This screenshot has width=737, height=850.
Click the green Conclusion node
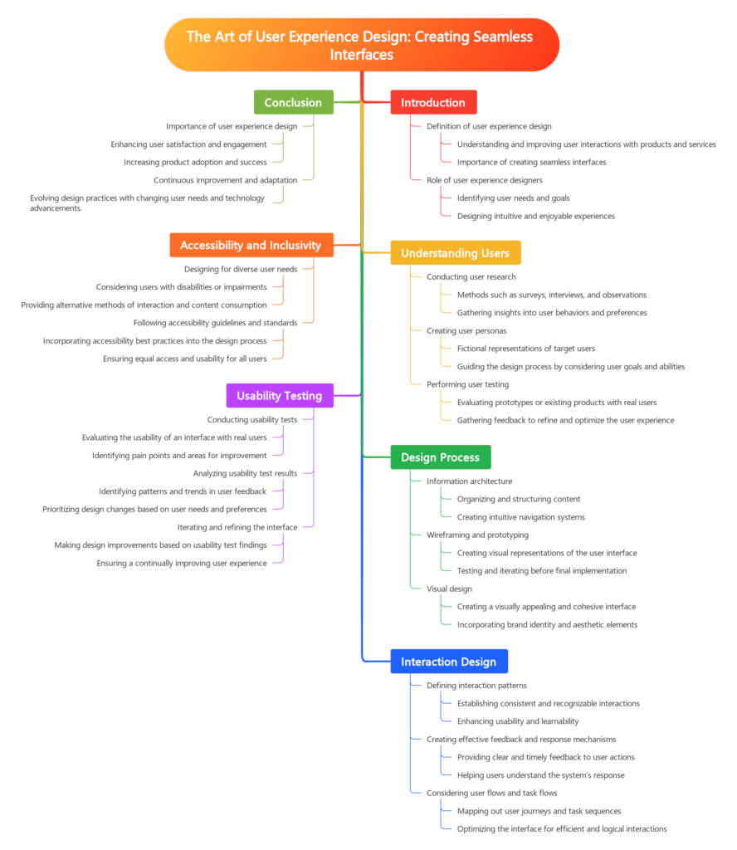pyautogui.click(x=293, y=102)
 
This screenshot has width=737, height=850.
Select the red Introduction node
pyautogui.click(x=432, y=102)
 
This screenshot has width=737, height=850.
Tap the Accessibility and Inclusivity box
pyautogui.click(x=251, y=245)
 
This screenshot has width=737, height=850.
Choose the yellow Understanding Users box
pyautogui.click(x=455, y=252)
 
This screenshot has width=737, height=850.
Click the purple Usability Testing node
pyautogui.click(x=279, y=395)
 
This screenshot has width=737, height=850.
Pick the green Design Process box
pyautogui.click(x=440, y=457)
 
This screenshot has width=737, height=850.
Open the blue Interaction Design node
pyautogui.click(x=448, y=661)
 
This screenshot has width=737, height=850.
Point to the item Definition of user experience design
pyautogui.click(x=488, y=126)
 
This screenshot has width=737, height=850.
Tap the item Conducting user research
pyautogui.click(x=471, y=276)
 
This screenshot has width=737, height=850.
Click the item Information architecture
pyautogui.click(x=469, y=481)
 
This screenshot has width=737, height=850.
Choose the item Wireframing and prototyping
pyautogui.click(x=477, y=535)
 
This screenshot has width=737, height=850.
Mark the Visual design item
pyautogui.click(x=449, y=589)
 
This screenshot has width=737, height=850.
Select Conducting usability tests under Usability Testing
pyautogui.click(x=252, y=419)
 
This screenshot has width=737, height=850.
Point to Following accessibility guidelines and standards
pyautogui.click(x=215, y=322)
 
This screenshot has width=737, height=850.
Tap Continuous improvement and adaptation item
pyautogui.click(x=225, y=180)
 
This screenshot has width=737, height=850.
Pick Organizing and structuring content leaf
pyautogui.click(x=519, y=499)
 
